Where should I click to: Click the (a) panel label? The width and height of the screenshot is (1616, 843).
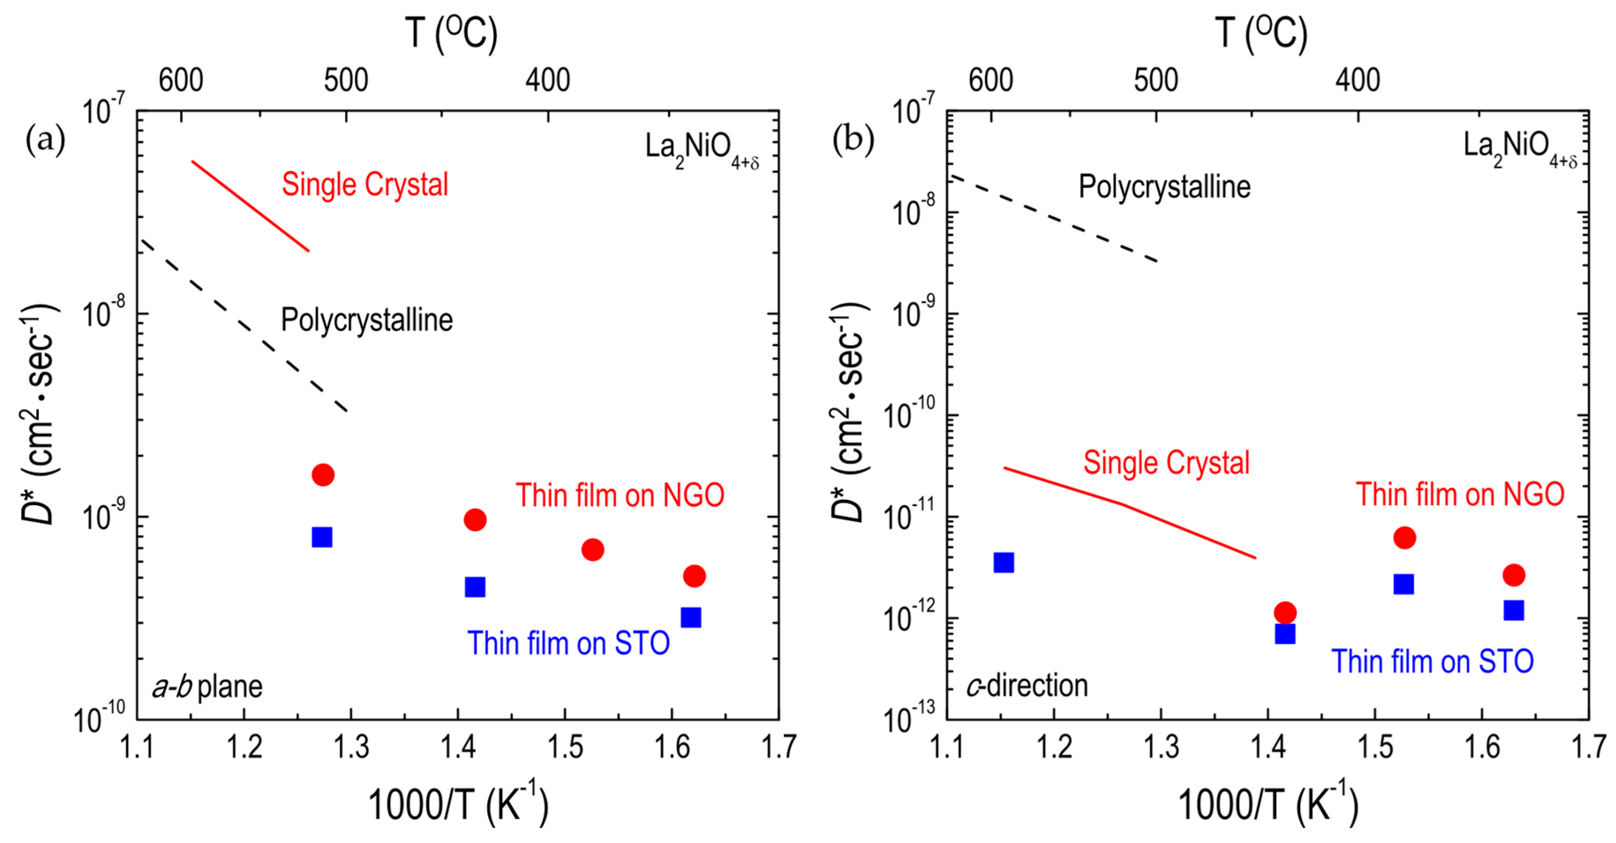[x=45, y=139]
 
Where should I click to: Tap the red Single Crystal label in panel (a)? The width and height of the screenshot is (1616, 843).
[x=365, y=184]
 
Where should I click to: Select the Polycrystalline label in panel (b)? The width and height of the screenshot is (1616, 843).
[x=1164, y=187]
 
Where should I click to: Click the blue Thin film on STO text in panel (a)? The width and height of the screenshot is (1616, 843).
[x=568, y=644]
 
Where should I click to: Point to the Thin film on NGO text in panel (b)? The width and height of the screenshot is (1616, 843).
[x=1460, y=494]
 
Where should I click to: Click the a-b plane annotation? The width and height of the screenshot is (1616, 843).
[x=207, y=686]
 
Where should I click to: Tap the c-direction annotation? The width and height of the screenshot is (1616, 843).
[x=1027, y=685]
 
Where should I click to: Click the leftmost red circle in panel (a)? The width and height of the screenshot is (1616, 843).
[x=323, y=475]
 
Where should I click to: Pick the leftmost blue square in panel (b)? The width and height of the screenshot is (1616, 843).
[x=1004, y=563]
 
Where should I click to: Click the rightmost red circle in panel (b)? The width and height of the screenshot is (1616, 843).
[x=1514, y=575]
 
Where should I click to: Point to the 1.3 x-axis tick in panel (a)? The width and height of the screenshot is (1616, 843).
[x=351, y=747]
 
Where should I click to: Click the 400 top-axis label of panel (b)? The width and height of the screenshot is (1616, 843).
[x=1357, y=80]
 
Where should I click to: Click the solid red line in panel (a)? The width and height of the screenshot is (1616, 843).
[x=251, y=207]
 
